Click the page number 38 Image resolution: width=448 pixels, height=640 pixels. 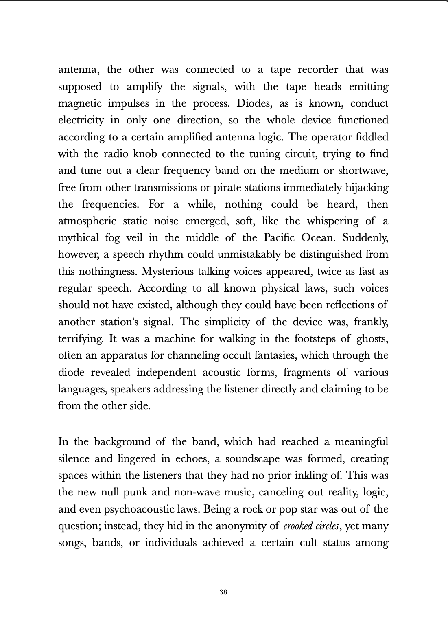[223, 592]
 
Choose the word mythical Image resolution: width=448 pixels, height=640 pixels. [79, 238]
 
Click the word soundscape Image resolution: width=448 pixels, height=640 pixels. [252, 459]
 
